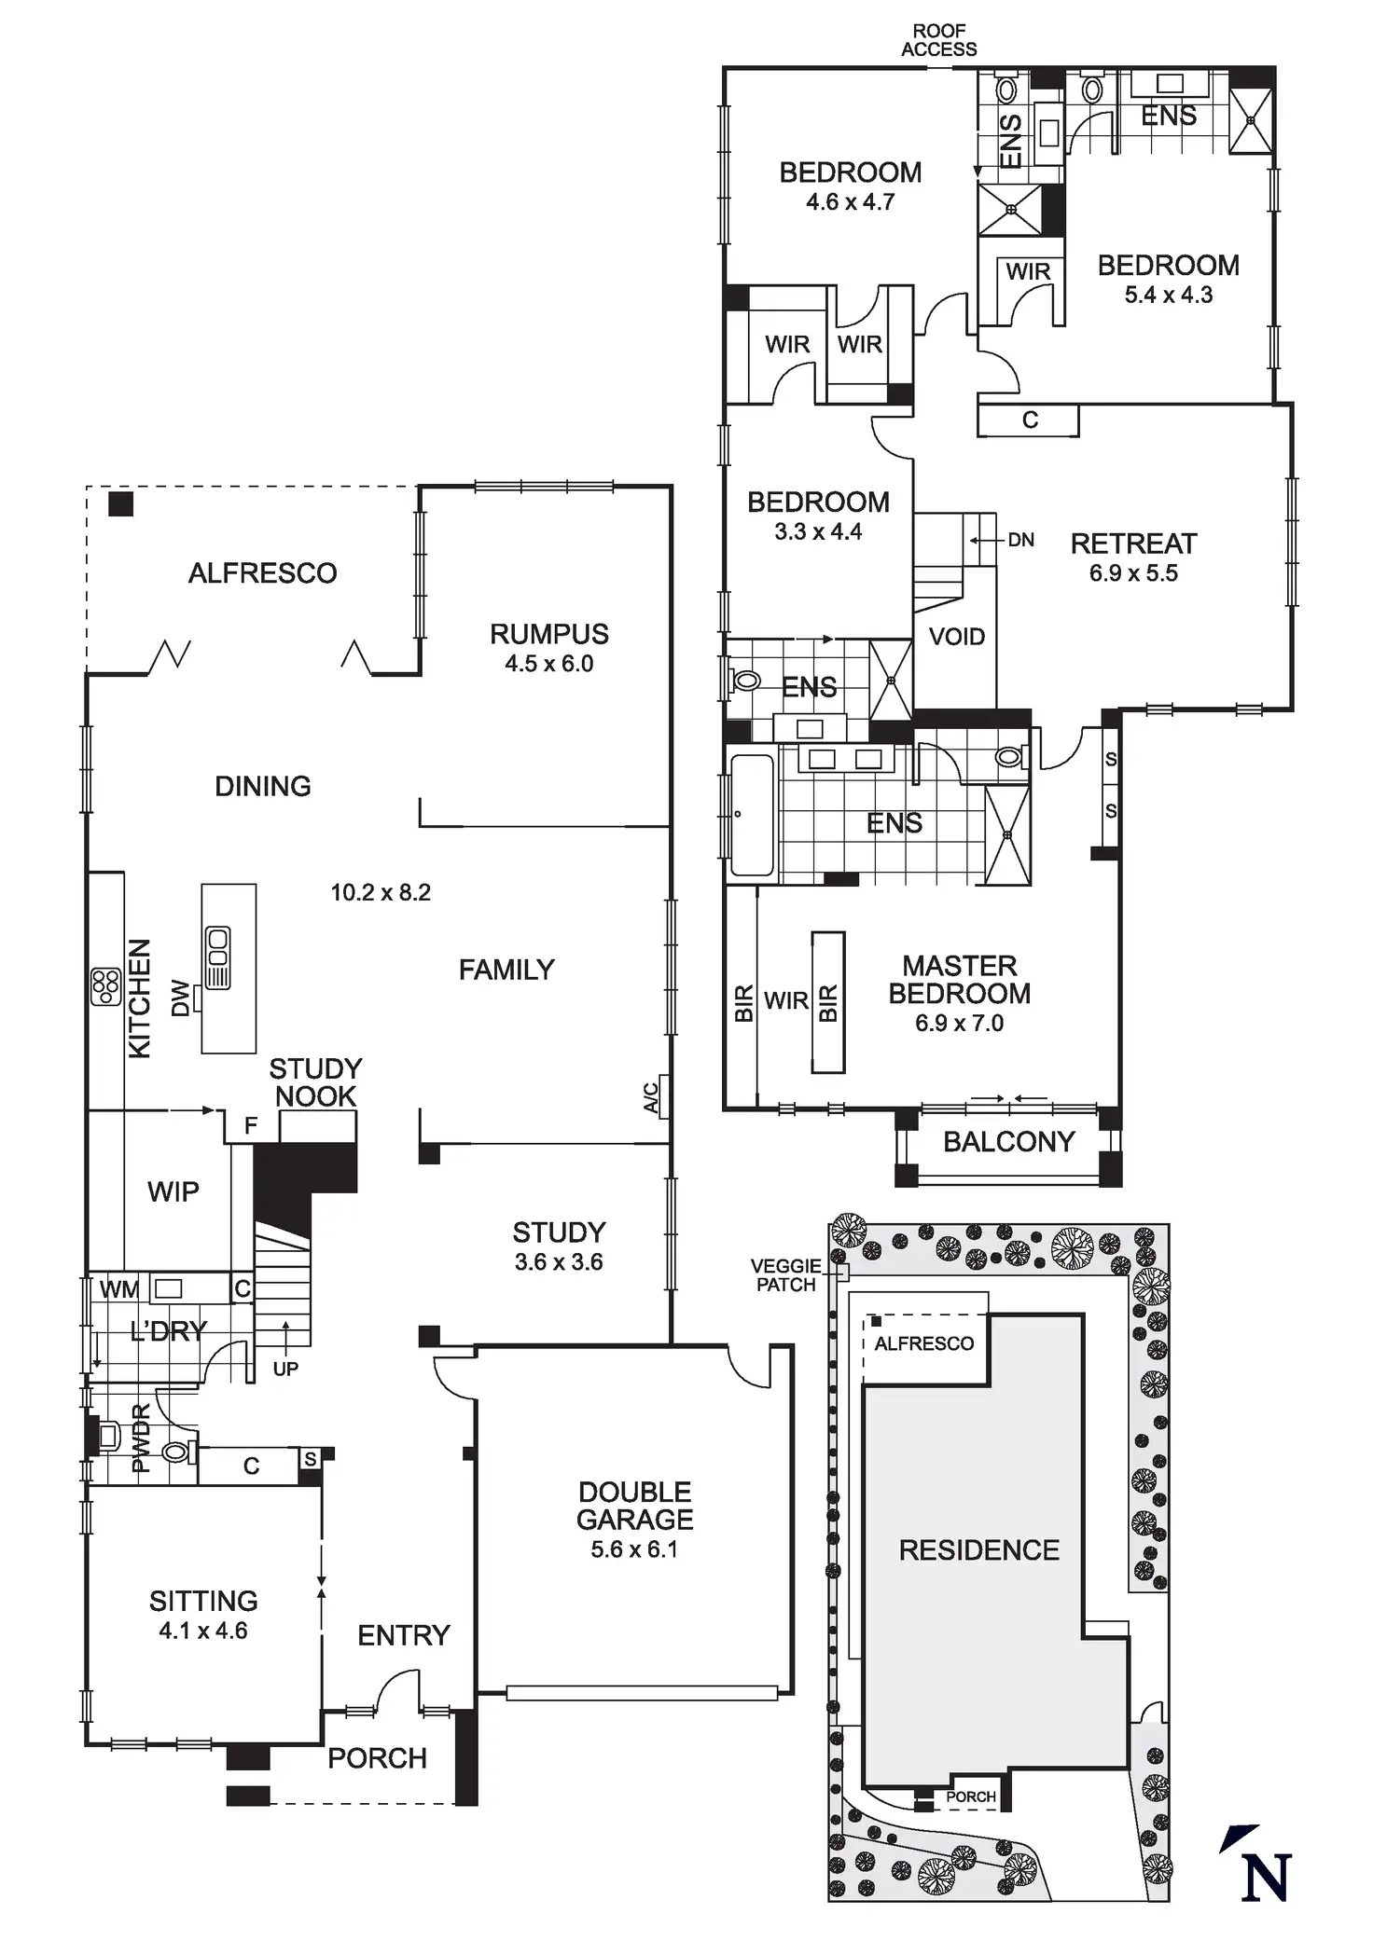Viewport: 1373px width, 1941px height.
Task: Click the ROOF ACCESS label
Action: coord(938,40)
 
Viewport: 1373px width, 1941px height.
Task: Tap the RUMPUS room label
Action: coord(548,634)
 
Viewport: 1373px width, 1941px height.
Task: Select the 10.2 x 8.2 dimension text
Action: coord(381,892)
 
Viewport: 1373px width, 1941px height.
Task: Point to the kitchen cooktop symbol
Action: coord(106,987)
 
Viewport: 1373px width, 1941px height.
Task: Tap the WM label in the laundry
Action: coord(118,1289)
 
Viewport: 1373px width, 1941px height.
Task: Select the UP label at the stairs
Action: coord(285,1369)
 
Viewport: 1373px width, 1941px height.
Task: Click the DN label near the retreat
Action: coord(1020,540)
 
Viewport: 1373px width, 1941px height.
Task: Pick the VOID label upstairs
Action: coord(957,637)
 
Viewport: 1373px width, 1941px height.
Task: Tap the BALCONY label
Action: coord(1008,1142)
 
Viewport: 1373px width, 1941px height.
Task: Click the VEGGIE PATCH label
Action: coord(785,1274)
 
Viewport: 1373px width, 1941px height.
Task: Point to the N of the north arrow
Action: coord(1266,1878)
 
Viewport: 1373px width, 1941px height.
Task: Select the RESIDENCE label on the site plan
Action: coord(978,1549)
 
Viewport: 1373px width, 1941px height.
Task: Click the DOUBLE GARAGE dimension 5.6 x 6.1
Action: coord(634,1549)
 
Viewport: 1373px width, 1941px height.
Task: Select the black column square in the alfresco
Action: coord(121,504)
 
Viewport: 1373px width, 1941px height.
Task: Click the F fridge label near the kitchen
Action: coord(250,1125)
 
